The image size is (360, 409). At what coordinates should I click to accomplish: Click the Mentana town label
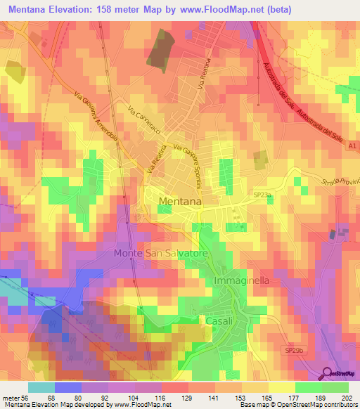pos(180,202)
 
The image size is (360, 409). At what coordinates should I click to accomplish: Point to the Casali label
pos(219,320)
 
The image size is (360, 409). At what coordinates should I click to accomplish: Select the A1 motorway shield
pos(352,146)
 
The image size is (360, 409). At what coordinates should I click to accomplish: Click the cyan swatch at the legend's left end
pos(41,387)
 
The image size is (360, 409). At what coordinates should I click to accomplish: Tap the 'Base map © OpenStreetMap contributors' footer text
pos(299,405)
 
